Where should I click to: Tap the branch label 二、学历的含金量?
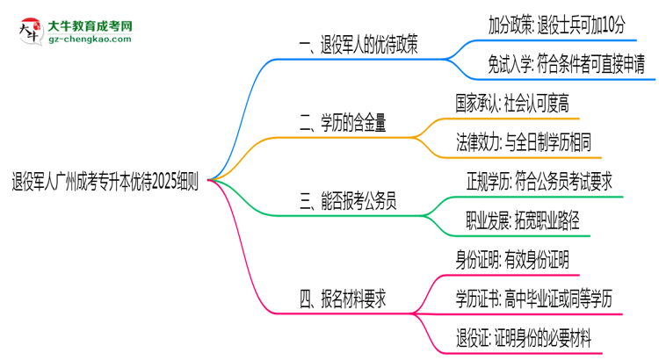pyautogui.click(x=347, y=124)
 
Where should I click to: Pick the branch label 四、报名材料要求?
pyautogui.click(x=348, y=299)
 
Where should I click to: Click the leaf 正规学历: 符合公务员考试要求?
pyautogui.click(x=539, y=180)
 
